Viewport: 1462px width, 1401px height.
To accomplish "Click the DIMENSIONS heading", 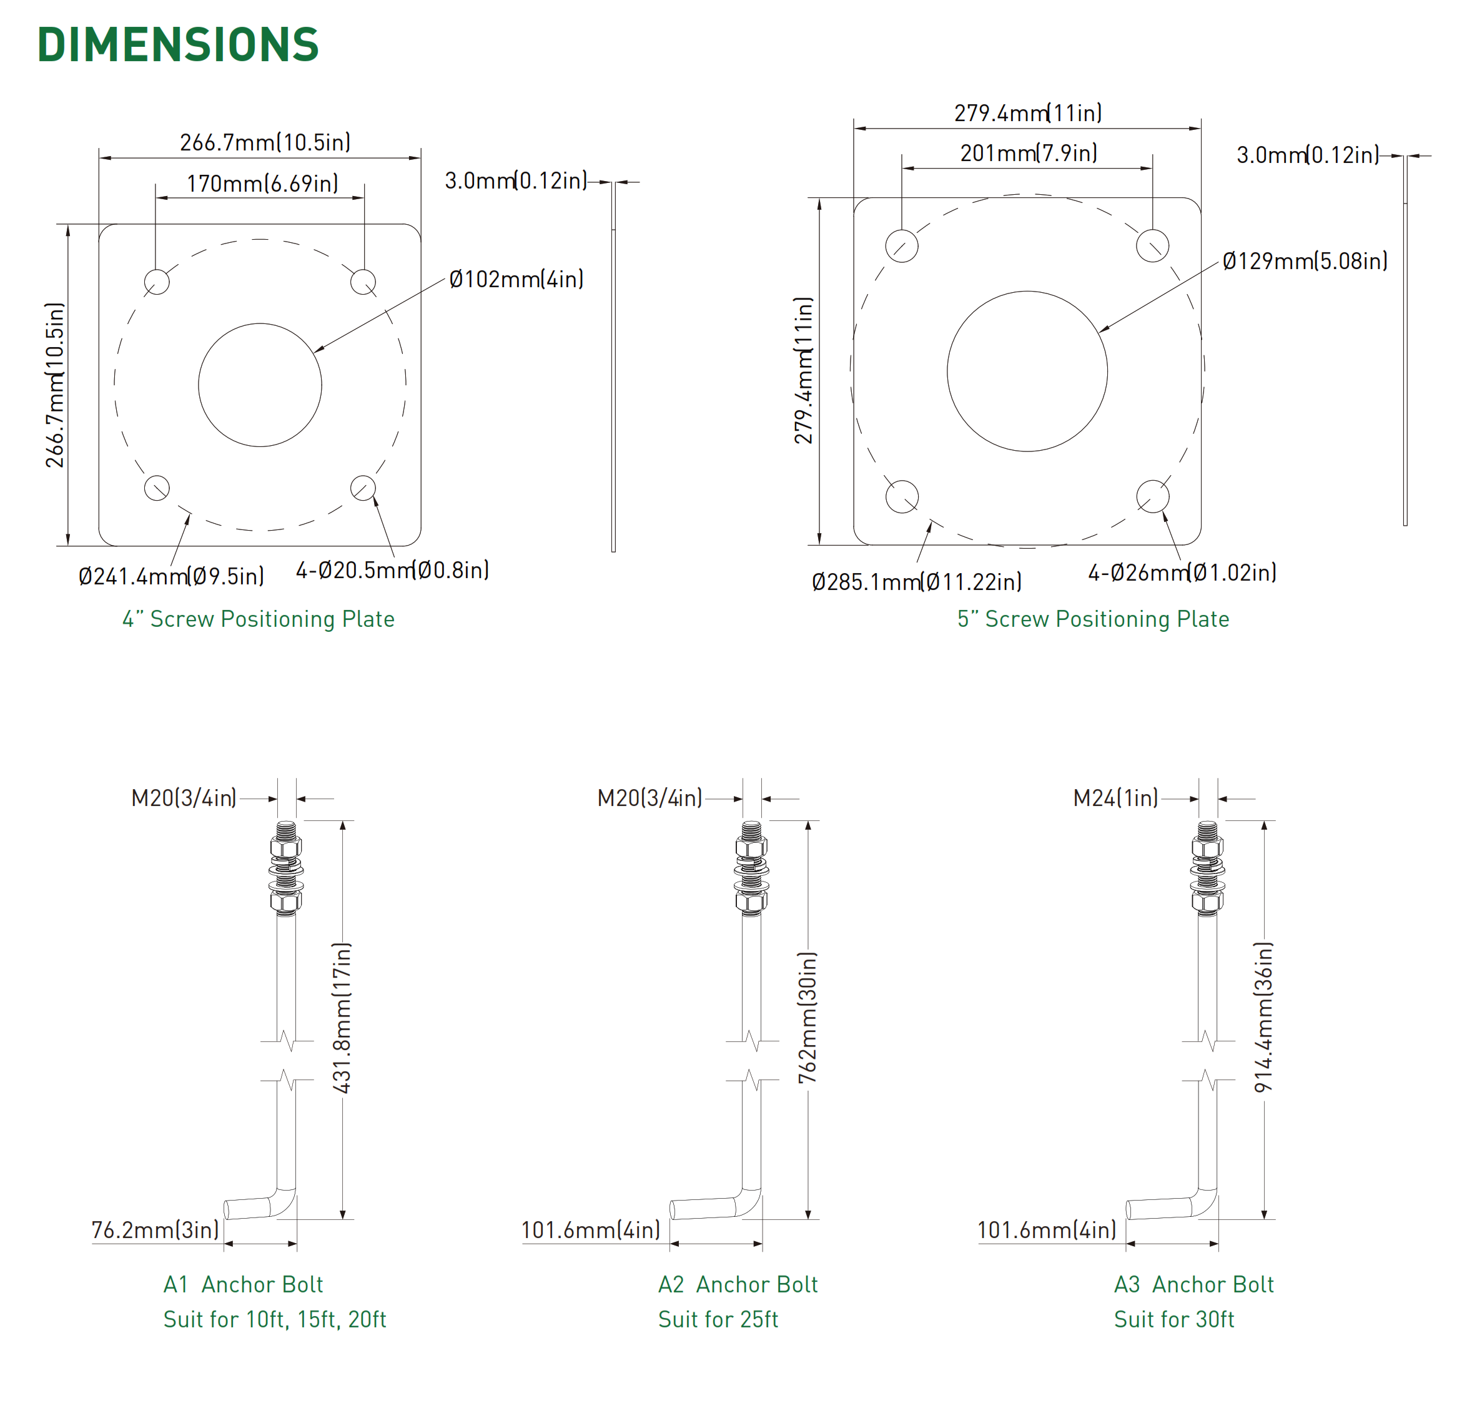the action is click(x=177, y=45).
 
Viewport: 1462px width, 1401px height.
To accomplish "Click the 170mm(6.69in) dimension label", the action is click(x=262, y=184).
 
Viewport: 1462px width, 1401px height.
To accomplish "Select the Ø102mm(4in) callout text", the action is click(x=516, y=280).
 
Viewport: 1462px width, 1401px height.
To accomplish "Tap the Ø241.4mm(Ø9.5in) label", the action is click(x=171, y=576).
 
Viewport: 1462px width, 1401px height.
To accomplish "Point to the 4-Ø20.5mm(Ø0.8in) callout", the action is click(x=392, y=571).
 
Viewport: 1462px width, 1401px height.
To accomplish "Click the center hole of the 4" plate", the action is click(x=260, y=385).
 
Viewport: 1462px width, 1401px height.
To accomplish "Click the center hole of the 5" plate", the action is click(x=1027, y=371).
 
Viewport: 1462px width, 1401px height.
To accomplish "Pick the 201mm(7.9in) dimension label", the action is click(x=1029, y=154).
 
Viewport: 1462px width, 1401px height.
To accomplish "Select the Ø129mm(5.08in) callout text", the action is click(x=1305, y=262).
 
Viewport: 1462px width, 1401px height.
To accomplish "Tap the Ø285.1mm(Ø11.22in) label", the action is click(x=917, y=582).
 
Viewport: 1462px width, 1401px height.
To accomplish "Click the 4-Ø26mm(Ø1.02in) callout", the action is click(x=1182, y=573).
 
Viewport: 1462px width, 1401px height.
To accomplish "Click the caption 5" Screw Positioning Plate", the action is click(x=1093, y=619).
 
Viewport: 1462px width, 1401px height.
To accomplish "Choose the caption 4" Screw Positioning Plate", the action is click(x=258, y=619).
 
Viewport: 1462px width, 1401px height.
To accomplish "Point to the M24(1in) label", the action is click(x=1115, y=799).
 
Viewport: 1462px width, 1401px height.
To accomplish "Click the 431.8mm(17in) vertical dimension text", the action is click(x=342, y=1018).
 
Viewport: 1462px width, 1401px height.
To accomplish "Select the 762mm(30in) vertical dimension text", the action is click(x=808, y=1018).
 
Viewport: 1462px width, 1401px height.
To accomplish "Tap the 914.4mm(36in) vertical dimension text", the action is click(x=1263, y=1018).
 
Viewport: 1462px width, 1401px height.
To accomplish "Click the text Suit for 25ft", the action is click(x=718, y=1320).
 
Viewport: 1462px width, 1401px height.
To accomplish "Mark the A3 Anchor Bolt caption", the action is click(x=1193, y=1285).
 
